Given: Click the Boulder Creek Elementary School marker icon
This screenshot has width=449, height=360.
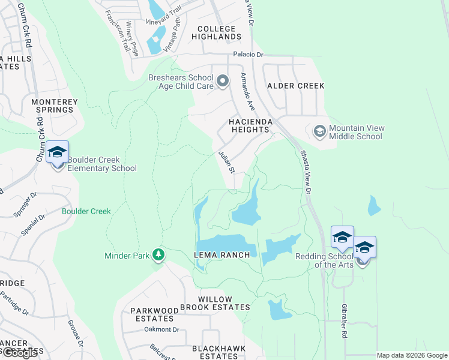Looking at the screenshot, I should [x=58, y=152].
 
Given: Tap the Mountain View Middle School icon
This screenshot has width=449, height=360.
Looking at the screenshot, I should [x=319, y=130].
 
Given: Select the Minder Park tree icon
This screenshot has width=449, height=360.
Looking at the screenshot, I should [x=158, y=255].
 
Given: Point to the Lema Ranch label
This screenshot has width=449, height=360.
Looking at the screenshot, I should [x=221, y=255].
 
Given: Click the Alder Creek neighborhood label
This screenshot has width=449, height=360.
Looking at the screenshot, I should [x=295, y=86].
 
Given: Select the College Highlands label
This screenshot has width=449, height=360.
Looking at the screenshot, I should [x=216, y=32].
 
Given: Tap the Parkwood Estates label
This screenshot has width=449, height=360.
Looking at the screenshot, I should [x=155, y=314].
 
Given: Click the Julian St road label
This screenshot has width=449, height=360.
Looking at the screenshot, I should [x=226, y=162].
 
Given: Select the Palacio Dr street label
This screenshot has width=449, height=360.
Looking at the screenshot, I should [x=249, y=55].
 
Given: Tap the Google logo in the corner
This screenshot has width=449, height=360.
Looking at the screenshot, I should [x=19, y=353].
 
